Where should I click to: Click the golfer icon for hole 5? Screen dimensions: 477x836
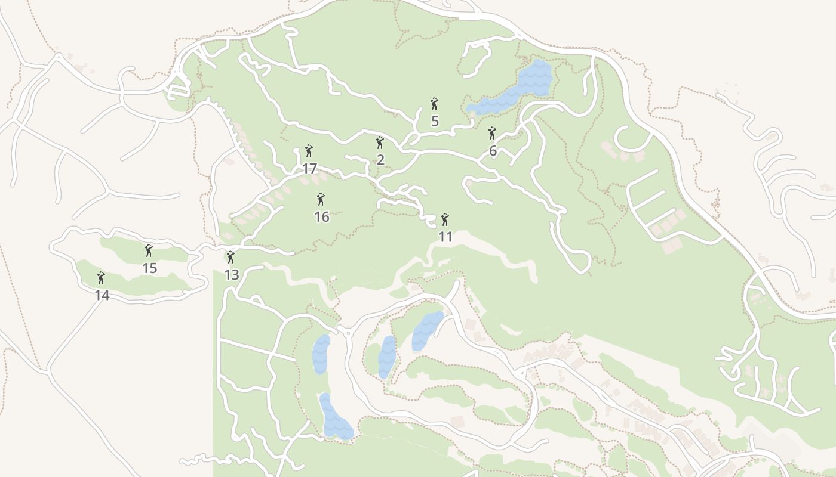[434, 104]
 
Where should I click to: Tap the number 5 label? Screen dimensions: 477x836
[435, 121]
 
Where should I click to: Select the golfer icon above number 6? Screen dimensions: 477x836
[492, 134]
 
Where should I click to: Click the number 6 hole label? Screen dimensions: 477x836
[493, 151]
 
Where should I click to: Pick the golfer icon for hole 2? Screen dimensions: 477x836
[380, 143]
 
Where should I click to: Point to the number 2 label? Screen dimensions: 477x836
[380, 160]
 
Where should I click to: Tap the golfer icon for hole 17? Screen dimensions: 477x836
[309, 151]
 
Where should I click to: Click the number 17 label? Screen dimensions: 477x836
[309, 169]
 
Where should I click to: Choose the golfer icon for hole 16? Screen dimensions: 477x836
[321, 199]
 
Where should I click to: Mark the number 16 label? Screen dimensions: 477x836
[322, 217]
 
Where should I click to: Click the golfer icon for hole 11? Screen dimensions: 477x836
[445, 219]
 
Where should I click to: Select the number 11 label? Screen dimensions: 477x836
[445, 237]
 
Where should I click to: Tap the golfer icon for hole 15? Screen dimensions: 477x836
[149, 251]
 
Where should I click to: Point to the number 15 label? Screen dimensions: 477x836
[149, 268]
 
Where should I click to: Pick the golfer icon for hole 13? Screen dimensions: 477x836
[230, 258]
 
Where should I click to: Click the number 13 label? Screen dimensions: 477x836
[232, 275]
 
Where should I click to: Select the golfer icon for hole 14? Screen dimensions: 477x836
[101, 278]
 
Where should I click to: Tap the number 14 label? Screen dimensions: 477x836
[102, 295]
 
